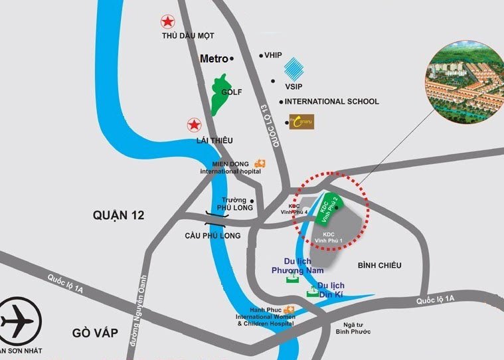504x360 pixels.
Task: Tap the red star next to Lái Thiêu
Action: (194, 124)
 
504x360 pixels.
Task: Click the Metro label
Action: (214, 58)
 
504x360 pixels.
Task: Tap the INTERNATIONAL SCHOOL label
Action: (332, 102)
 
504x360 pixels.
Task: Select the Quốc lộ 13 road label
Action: (271, 126)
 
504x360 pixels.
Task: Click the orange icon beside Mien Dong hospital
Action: (260, 163)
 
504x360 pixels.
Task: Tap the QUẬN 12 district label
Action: (119, 215)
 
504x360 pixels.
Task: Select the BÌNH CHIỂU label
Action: (379, 266)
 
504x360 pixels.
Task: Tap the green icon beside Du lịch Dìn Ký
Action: (311, 292)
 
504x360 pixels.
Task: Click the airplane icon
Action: (17, 321)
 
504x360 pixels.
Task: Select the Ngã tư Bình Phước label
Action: (353, 327)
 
